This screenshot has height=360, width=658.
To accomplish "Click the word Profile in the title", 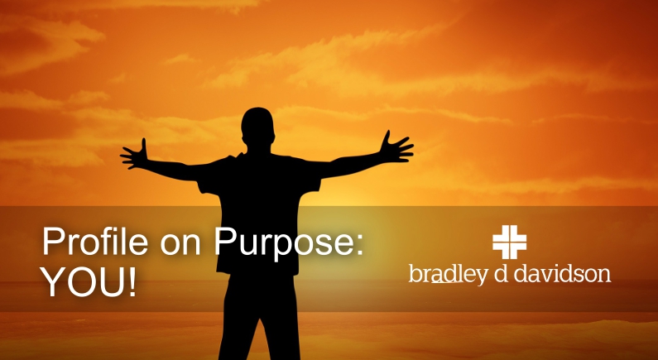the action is tap(95, 242).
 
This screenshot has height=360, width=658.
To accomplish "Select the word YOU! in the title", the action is tap(89, 281).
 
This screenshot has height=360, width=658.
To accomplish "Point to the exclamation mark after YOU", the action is tap(132, 281).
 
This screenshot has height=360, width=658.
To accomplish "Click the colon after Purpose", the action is tap(359, 245).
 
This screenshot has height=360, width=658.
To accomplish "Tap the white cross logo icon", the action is tap(510, 242).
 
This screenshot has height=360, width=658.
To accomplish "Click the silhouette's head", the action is tap(257, 125).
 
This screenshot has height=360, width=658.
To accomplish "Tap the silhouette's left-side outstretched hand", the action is tap(135, 155).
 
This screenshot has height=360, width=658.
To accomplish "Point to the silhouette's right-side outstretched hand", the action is tap(396, 146).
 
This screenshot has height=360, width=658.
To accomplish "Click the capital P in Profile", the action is tap(52, 242).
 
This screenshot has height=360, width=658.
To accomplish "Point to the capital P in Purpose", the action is tap(226, 242).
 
